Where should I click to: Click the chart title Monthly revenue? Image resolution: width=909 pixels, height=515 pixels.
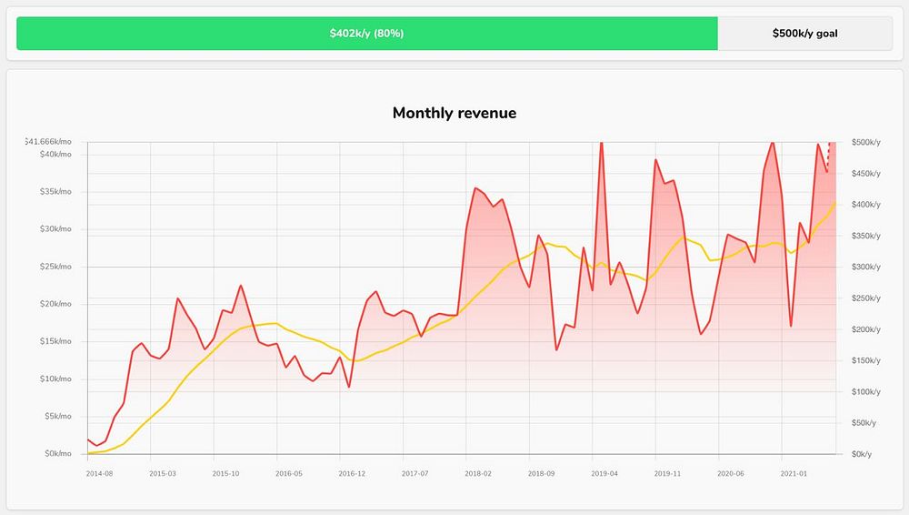tap(454, 114)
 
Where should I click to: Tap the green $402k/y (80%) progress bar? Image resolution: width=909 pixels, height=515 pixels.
tap(366, 34)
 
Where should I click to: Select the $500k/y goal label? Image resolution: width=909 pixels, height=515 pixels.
tap(804, 34)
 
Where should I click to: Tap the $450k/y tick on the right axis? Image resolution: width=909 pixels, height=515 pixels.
tap(865, 174)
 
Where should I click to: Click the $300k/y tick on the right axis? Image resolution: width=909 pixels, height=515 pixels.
tap(865, 268)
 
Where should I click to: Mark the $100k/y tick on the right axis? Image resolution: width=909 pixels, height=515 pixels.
tap(865, 392)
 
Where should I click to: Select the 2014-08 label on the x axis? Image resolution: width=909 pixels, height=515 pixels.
tap(99, 474)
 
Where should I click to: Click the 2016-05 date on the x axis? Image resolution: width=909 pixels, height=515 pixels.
tap(288, 474)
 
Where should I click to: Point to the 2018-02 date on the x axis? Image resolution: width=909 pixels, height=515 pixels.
tap(477, 474)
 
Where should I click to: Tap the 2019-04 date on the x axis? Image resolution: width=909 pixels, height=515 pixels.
tap(604, 474)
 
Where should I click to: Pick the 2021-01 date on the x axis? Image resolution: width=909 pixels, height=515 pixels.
tap(794, 474)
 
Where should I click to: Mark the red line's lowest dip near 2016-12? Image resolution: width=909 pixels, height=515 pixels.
tap(348, 387)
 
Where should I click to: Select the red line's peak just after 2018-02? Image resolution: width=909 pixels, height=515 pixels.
tap(475, 188)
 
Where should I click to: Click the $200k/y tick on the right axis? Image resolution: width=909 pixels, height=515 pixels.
tap(865, 329)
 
